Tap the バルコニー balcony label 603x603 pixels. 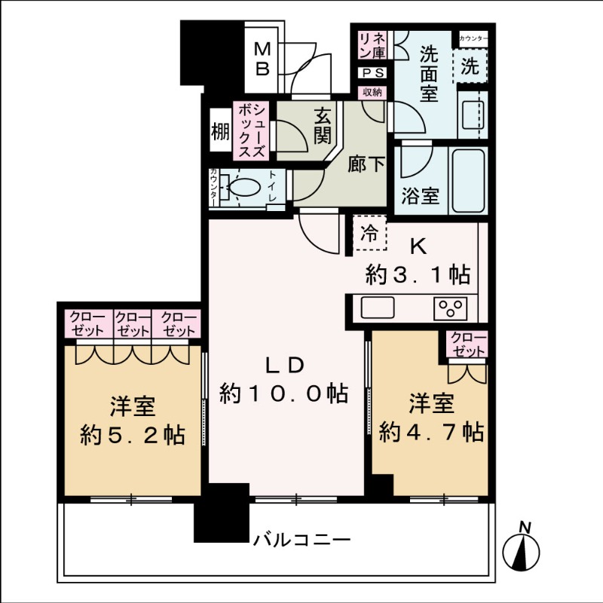[301, 540]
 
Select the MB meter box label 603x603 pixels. [262, 59]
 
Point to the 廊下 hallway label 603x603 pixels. [366, 164]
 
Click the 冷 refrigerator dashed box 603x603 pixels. [369, 233]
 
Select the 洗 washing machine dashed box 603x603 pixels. [470, 66]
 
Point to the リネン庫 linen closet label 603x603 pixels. [372, 46]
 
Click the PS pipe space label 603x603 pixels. [372, 73]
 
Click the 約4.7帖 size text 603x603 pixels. [431, 432]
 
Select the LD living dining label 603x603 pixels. [283, 366]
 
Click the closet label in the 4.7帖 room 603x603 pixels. [467, 345]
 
